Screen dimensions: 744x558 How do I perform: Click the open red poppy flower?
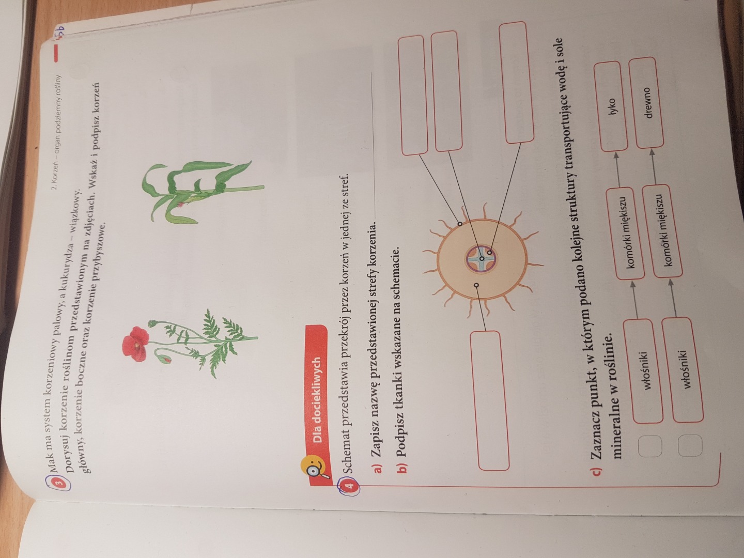135,344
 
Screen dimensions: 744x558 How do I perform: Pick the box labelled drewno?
646,103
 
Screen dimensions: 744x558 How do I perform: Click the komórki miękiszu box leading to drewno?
660,231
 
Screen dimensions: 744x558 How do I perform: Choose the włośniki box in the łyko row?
643,371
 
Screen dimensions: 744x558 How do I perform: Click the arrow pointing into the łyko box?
615,169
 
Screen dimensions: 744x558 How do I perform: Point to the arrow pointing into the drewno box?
651,167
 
